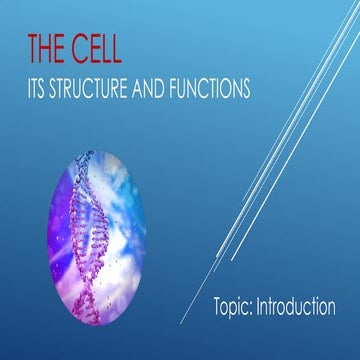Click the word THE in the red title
pos(46,50)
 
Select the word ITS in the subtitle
pos(39,88)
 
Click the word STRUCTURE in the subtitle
pos(93,88)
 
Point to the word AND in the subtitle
pos(153,88)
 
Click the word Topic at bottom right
pos(234,306)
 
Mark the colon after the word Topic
pos(254,308)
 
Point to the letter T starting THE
pos(33,50)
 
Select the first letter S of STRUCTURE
pos(58,88)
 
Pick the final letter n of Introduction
pos(330,307)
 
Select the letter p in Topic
pos(237,309)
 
